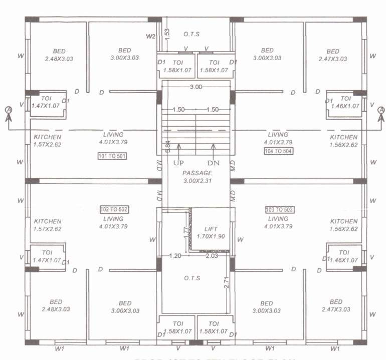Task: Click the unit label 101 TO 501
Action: pos(112,156)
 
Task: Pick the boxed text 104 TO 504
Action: pos(278,151)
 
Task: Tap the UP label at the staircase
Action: pos(178,163)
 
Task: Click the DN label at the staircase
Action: pos(214,163)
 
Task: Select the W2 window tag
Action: pos(150,37)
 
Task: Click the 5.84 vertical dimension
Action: pos(168,146)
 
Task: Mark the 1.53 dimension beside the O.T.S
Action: pos(167,34)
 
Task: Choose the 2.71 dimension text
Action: pos(226,282)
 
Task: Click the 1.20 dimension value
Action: pos(175,256)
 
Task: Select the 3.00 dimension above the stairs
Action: pos(196,87)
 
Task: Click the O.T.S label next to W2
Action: pos(192,34)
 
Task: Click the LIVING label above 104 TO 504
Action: pos(278,135)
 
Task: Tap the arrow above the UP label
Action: pos(178,149)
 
